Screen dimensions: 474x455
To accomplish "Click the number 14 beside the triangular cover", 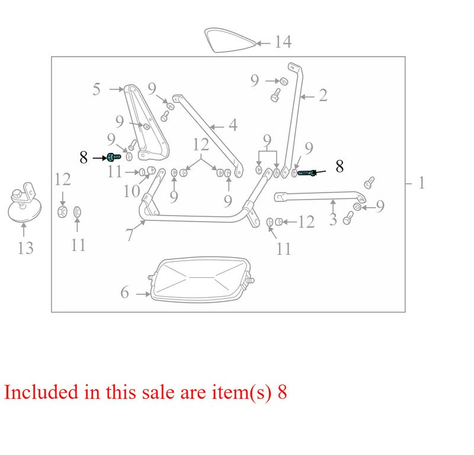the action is (x=283, y=41).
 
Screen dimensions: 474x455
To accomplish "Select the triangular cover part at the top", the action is (x=230, y=40).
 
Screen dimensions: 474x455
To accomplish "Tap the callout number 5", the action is (x=97, y=89).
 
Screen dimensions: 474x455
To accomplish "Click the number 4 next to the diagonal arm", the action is (x=233, y=125).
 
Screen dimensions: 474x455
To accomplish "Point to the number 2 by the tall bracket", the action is (x=323, y=95).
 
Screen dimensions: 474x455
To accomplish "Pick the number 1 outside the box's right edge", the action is (x=421, y=182).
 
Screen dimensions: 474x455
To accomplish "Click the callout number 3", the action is (x=333, y=219).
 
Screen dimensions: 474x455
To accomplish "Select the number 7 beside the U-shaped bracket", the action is (x=129, y=235).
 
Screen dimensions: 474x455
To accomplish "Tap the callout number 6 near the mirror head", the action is (x=124, y=292).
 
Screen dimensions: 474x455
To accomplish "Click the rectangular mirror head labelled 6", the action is (x=201, y=280).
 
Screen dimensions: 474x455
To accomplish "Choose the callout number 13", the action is (x=25, y=248).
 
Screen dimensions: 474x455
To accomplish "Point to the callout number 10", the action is (x=132, y=191).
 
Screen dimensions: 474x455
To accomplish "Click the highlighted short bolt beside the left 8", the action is (x=114, y=157).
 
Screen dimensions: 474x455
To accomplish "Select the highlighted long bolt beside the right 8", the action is (x=307, y=173).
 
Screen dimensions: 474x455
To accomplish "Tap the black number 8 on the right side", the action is (x=340, y=166).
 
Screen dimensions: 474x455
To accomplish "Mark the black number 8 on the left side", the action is (x=84, y=157).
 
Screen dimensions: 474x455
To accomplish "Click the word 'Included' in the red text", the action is (x=41, y=392).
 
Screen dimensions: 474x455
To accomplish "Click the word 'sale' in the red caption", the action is (x=158, y=392).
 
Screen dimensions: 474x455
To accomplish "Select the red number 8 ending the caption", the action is (x=282, y=392).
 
